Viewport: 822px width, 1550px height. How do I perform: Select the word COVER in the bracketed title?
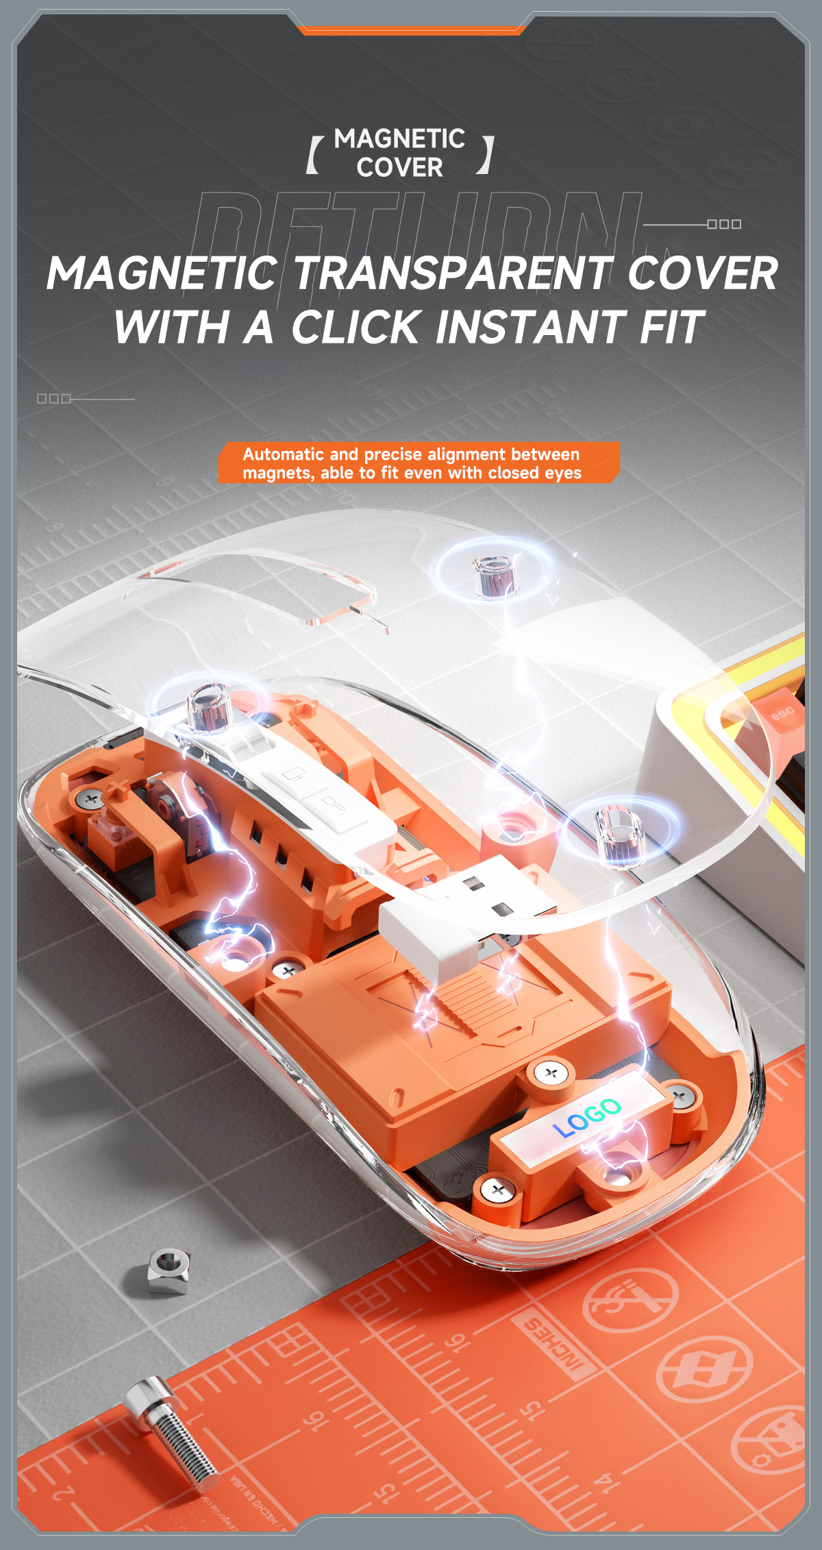click(399, 168)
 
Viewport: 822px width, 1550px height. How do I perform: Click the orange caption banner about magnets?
click(418, 463)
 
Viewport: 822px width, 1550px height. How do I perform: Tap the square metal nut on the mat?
click(168, 1272)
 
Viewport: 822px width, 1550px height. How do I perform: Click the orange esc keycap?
click(781, 713)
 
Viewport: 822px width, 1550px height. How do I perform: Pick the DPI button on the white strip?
click(335, 804)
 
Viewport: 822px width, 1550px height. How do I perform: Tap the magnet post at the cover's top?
click(495, 576)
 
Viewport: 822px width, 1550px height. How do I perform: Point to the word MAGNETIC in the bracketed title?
click(399, 139)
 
